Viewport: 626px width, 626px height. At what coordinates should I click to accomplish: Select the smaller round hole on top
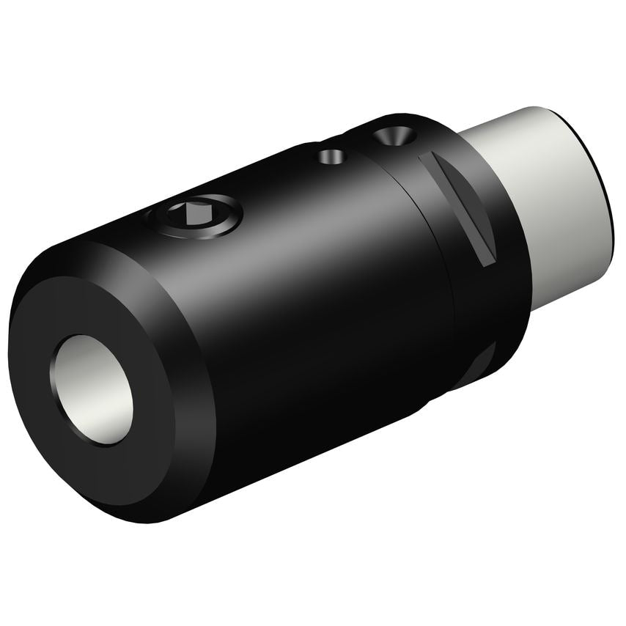pos(331,156)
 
